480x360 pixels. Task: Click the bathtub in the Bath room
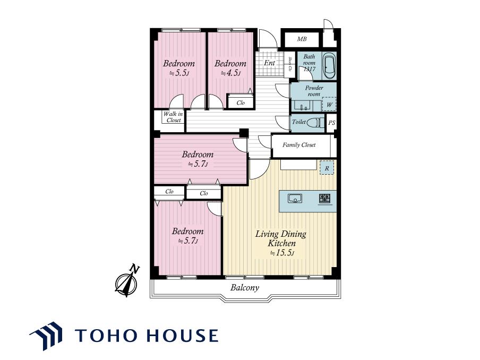[329, 65]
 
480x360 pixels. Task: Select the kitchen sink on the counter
[295, 199]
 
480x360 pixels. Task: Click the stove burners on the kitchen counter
[324, 199]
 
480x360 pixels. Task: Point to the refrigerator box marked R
[327, 168]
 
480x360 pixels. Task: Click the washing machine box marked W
[329, 104]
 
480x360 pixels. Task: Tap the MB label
[302, 39]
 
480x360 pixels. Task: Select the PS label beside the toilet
[332, 123]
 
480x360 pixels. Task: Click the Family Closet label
[299, 145]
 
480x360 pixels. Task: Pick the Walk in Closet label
[173, 117]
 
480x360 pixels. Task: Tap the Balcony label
[245, 287]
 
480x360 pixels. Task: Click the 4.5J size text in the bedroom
[230, 73]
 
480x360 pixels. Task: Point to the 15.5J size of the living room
[281, 253]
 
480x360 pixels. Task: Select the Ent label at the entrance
[269, 63]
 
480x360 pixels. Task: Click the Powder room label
[314, 91]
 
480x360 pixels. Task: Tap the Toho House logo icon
[46, 336]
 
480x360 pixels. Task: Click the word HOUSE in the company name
[183, 335]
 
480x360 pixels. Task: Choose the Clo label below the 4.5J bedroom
[241, 102]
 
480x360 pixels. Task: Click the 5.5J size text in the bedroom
[179, 73]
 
